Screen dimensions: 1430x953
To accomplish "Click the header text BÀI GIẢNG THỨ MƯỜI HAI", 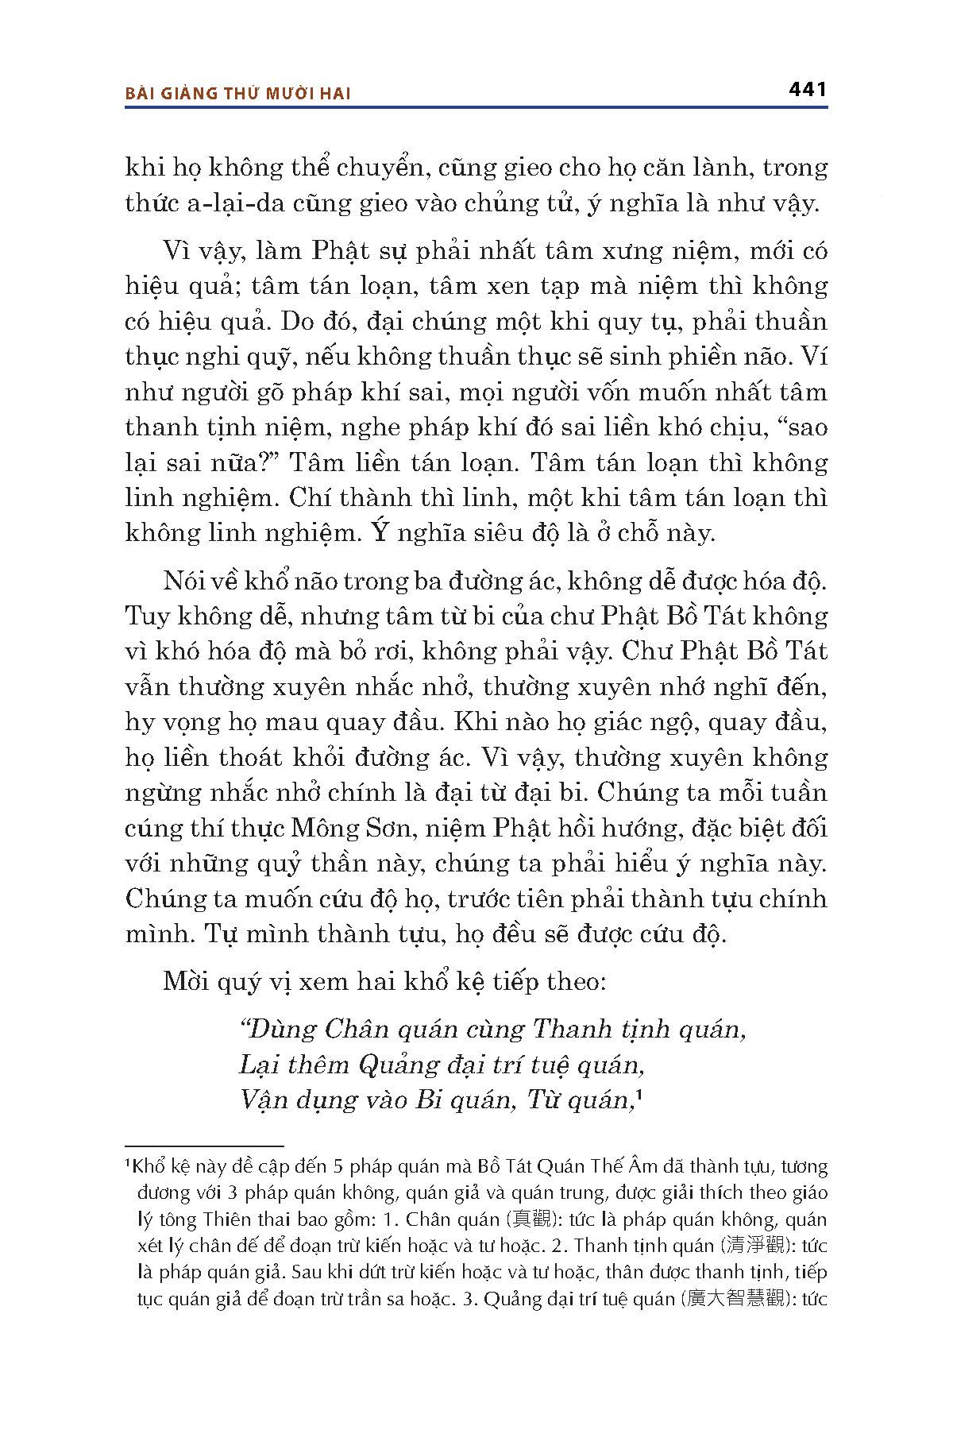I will click(x=238, y=93).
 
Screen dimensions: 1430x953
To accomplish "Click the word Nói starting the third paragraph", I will click(x=184, y=581).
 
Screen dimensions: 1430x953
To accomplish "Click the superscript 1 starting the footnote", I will click(x=129, y=1164).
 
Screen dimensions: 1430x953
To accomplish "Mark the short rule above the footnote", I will click(x=204, y=1146).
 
